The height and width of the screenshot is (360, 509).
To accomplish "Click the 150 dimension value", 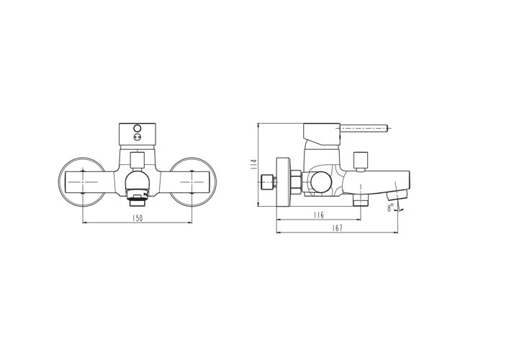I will (138, 217).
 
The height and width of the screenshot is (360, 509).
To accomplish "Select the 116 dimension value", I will (319, 215).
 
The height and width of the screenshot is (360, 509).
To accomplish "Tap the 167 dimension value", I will (338, 228).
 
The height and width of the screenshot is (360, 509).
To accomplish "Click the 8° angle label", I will (390, 207).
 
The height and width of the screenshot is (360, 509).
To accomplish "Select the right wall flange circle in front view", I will (192, 181).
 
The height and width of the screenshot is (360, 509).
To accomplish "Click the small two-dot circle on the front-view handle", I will (138, 138).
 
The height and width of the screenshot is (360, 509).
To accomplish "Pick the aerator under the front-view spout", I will (137, 194).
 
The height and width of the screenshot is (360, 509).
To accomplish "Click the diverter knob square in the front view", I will (137, 160).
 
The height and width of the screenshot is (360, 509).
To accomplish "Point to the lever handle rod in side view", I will (364, 129).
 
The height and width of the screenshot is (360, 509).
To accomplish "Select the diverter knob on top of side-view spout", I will (361, 160).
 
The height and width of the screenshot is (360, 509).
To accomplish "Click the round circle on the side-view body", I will (320, 182).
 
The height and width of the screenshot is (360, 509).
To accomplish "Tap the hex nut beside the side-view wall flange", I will (295, 181).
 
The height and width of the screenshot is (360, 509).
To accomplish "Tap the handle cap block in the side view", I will (321, 132).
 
